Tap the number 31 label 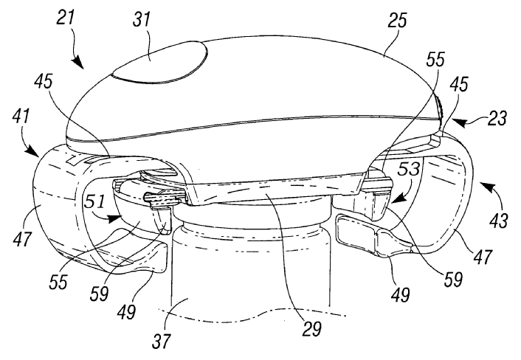[142, 20]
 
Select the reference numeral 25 [397, 21]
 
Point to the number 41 [21, 117]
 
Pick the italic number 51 [94, 201]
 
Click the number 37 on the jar [162, 341]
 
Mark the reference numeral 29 [311, 329]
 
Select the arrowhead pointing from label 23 [458, 123]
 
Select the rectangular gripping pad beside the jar [356, 232]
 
